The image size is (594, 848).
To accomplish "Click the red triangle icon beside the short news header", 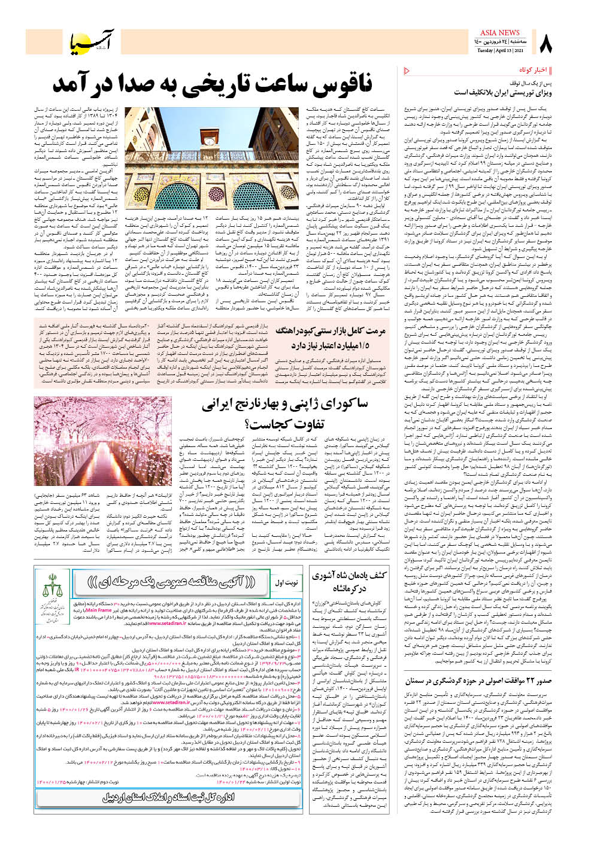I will (407, 71).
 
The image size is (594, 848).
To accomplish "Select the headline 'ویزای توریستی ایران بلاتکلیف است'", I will (502, 93).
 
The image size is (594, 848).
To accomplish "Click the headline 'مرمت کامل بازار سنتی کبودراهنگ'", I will (331, 331).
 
